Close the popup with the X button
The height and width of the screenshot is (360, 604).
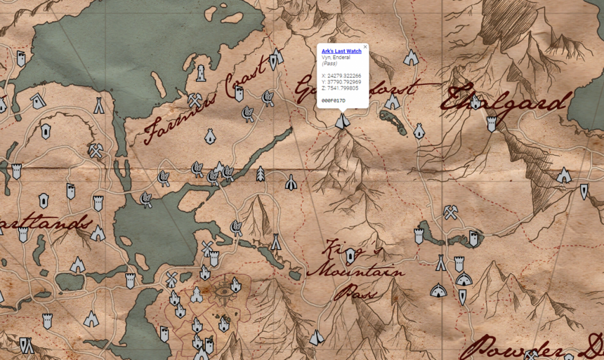(x=365, y=47)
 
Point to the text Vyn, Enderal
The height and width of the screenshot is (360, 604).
(x=336, y=57)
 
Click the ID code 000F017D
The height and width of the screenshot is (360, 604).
(x=333, y=100)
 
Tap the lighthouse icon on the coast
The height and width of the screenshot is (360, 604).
(x=201, y=73)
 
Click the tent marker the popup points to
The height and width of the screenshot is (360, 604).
(x=342, y=121)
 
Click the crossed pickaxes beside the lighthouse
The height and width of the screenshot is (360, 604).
(x=195, y=100)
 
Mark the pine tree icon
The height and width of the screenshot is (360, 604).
(x=260, y=174)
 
